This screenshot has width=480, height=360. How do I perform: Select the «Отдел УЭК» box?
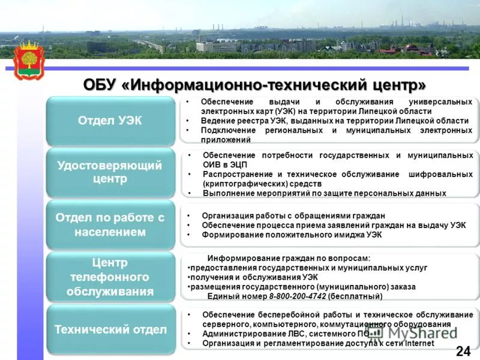tap(110, 121)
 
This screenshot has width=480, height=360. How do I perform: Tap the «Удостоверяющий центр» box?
tap(110, 172)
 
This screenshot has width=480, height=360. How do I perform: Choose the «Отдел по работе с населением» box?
tap(110, 224)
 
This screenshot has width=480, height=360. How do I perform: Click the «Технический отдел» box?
tap(110, 329)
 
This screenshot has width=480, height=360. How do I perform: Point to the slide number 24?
tap(463, 351)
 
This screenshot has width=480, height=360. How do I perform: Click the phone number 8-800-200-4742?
tap(297, 296)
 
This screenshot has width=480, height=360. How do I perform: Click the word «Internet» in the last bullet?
tap(419, 343)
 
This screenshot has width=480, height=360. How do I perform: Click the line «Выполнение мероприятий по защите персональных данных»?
tap(325, 193)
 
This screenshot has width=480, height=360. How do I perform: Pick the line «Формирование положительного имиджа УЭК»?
tap(292, 235)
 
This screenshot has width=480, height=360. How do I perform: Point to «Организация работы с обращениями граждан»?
tap(293, 215)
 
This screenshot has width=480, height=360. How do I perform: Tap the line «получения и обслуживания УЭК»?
tap(254, 277)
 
